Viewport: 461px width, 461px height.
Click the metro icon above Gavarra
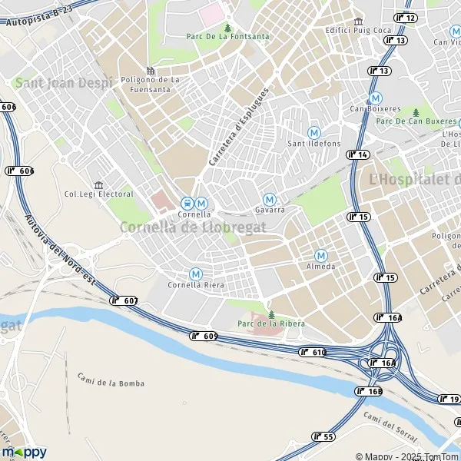[x=269, y=199]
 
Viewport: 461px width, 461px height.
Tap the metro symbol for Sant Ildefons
[x=313, y=133]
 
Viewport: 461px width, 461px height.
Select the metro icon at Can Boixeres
[x=375, y=98]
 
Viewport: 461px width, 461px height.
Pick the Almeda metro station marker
[x=321, y=256]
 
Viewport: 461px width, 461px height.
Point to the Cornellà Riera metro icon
[x=196, y=274]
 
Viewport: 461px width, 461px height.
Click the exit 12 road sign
[x=406, y=18]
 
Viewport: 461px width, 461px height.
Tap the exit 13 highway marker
[x=380, y=71]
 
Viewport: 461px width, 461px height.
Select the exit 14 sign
[x=358, y=154]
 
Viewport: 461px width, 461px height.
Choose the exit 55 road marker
[x=323, y=436]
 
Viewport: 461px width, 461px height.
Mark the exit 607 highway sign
[x=124, y=300]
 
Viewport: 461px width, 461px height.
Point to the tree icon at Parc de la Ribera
[x=270, y=313]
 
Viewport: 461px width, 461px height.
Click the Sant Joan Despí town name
[x=63, y=82]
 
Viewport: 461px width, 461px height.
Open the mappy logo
[x=24, y=452]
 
